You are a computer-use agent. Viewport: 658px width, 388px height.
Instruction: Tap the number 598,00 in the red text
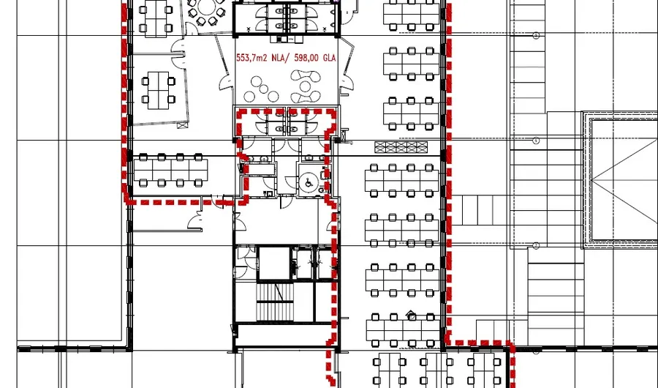click(306, 60)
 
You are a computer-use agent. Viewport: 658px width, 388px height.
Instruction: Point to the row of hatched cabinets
click(400, 147)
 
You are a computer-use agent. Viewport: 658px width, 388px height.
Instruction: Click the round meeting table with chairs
click(206, 11)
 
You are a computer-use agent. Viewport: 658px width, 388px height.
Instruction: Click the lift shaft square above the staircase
click(273, 264)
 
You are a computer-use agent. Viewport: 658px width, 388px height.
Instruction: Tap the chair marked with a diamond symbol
click(412, 317)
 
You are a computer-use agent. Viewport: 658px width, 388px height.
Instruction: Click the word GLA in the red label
click(328, 60)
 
